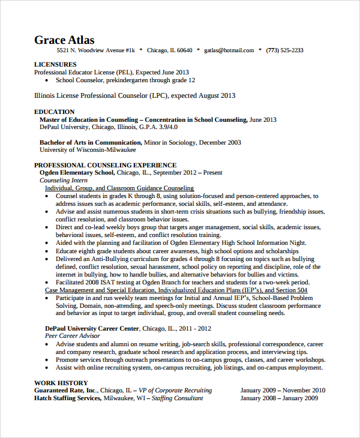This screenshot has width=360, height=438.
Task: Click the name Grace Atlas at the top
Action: coord(64,40)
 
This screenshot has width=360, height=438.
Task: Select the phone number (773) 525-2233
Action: coord(284,50)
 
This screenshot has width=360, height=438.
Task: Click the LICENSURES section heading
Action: coord(55,64)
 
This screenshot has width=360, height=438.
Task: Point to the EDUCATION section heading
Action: coord(55,112)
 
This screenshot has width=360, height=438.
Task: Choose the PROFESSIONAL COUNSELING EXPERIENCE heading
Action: coord(105,165)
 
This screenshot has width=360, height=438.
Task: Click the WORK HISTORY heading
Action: coord(61,383)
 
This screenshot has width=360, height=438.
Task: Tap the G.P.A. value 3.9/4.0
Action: coord(164,127)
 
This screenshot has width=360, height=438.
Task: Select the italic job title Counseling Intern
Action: coord(64,180)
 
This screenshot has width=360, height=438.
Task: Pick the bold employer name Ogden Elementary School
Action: coord(76,173)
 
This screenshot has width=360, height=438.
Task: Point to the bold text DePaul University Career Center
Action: coord(92,329)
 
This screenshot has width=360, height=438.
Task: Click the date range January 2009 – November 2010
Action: coord(283,390)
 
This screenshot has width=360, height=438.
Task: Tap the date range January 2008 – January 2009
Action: coord(279,398)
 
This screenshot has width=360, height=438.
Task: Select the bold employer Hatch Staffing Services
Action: coord(67,398)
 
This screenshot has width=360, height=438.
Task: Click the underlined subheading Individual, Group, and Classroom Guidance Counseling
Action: coord(119,188)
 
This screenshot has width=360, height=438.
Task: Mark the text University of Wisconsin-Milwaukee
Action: coord(83,150)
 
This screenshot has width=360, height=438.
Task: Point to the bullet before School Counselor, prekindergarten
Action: coord(47,80)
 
